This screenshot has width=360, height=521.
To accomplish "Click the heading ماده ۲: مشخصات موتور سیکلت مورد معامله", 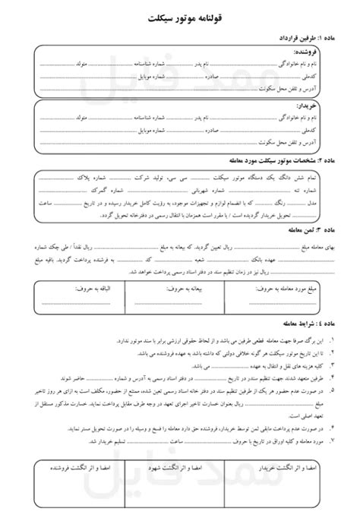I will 276,161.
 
